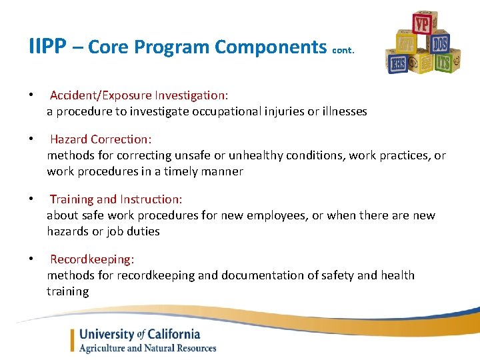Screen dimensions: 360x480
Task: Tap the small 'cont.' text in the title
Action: point(343,50)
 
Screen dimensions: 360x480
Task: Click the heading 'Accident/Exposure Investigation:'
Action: point(139,95)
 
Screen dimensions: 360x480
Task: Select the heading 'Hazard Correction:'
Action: point(101,139)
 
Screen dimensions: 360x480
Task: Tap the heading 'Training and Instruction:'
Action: point(116,199)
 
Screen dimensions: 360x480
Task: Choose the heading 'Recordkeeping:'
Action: point(92,259)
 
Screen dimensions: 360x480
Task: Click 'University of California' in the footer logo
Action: point(139,335)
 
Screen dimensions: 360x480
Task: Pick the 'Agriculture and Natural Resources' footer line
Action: point(147,348)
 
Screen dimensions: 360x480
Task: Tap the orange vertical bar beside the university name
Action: point(73,341)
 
